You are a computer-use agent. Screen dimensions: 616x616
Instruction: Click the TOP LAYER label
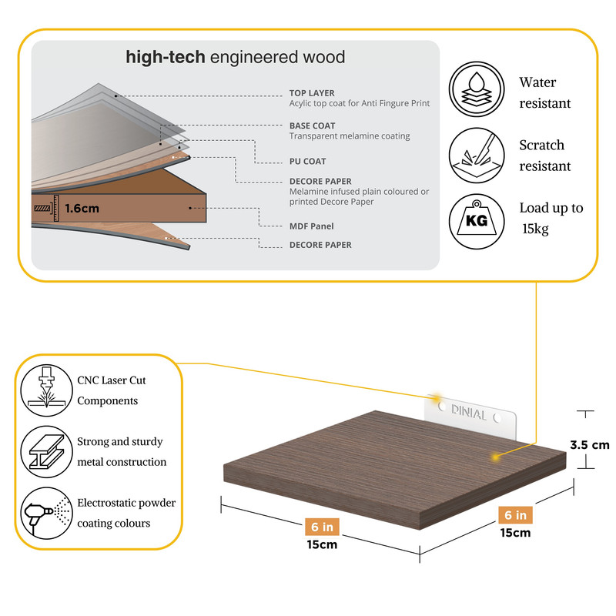(x=312, y=93)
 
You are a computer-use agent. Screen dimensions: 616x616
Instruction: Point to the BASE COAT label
(x=312, y=126)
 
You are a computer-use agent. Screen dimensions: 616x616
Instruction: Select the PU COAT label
(x=307, y=162)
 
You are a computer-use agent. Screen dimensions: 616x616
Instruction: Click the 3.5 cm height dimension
(x=589, y=444)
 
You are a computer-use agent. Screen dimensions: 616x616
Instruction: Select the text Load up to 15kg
(x=550, y=218)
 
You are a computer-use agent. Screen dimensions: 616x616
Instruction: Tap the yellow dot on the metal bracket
(x=437, y=400)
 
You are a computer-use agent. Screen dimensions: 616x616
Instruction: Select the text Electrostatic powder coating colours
(x=126, y=513)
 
